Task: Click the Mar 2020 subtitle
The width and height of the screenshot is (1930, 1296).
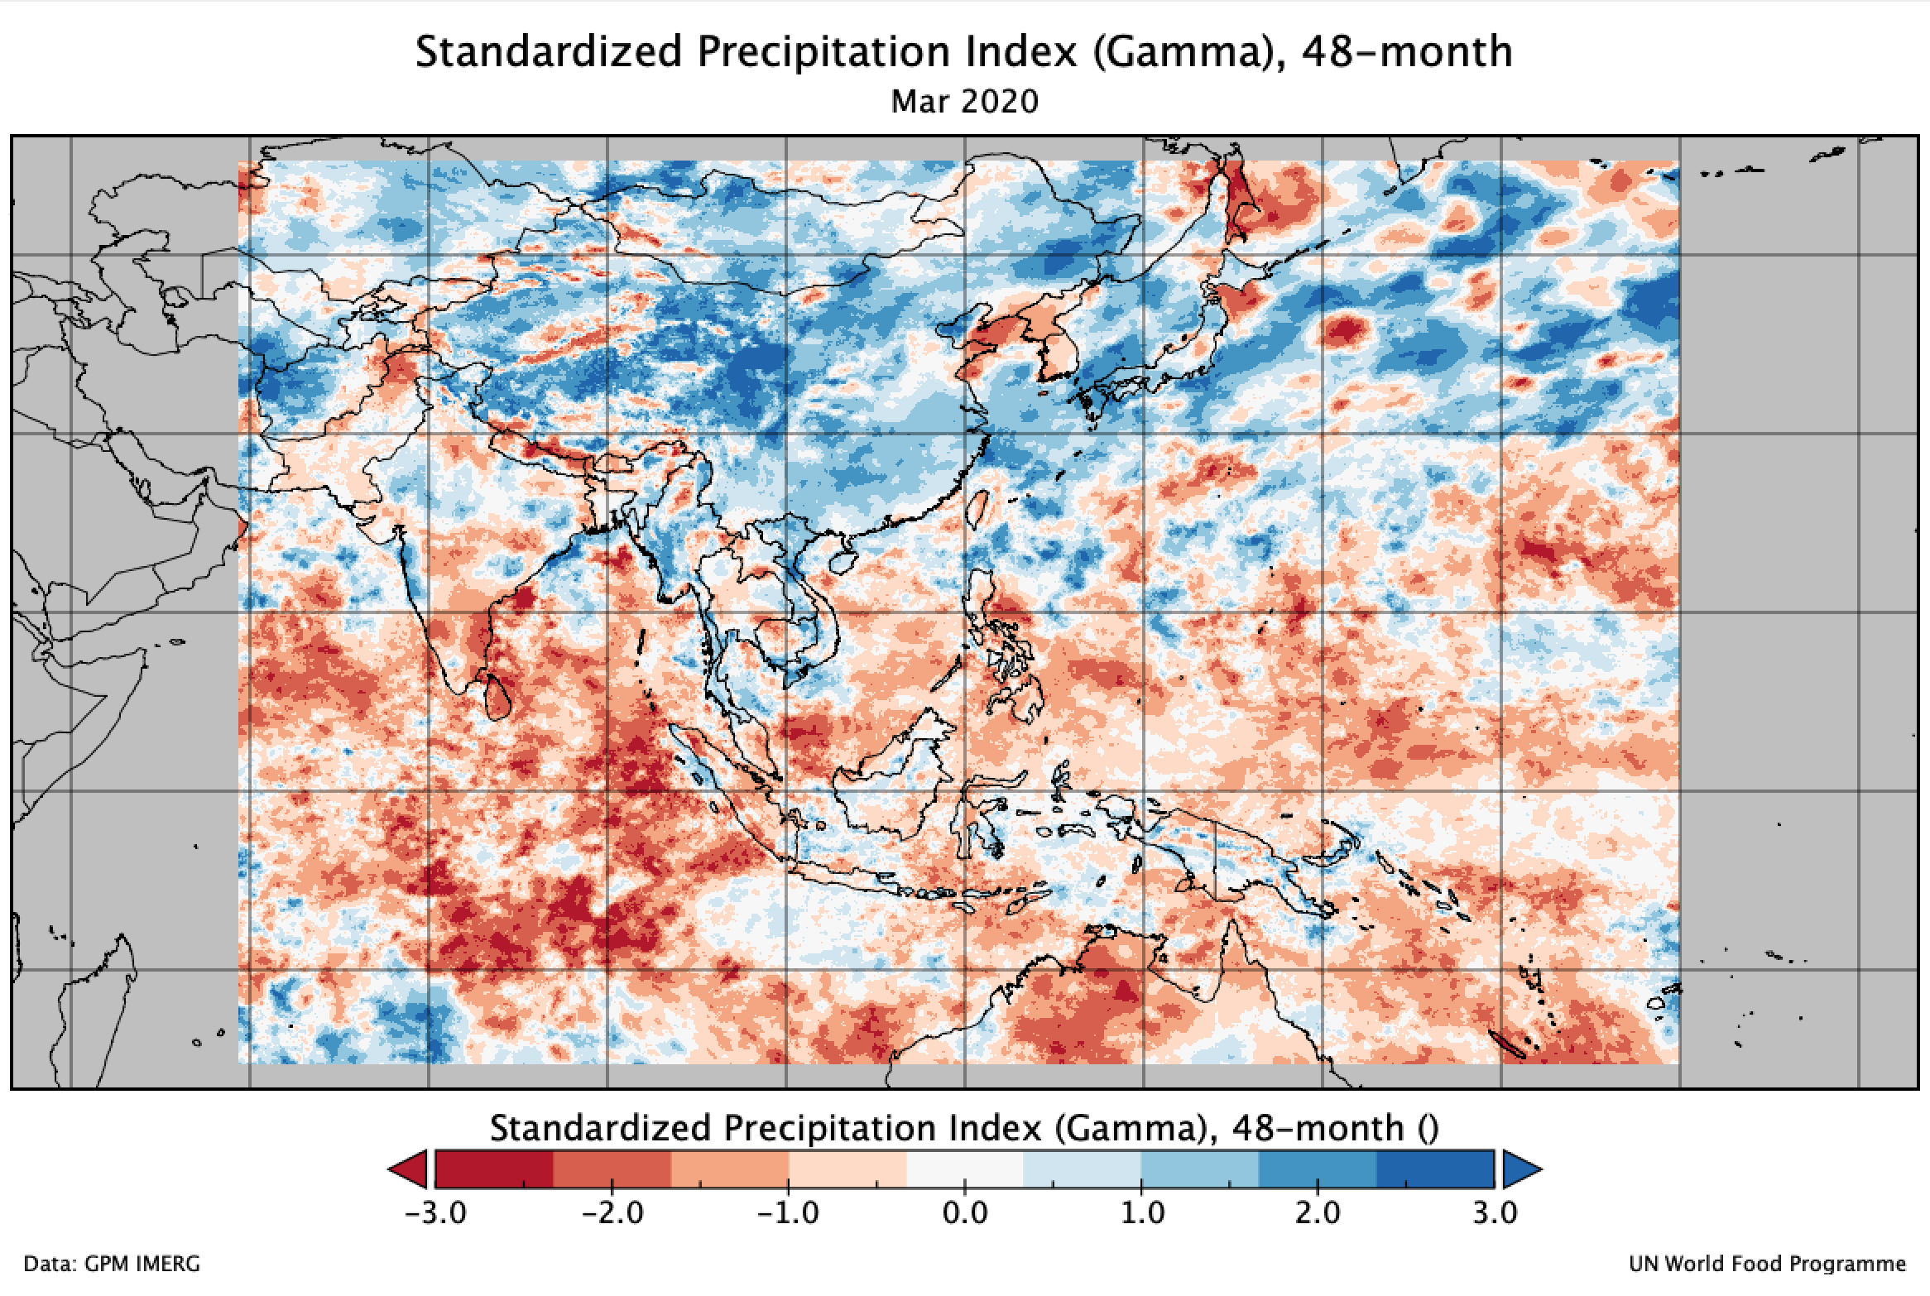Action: tap(964, 102)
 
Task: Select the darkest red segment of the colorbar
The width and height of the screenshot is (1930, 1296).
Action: tap(494, 1169)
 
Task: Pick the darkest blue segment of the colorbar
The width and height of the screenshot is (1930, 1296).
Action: tap(1436, 1169)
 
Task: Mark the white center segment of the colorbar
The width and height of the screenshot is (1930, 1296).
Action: tap(965, 1169)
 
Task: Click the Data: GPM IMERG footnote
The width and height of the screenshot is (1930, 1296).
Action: tap(112, 1265)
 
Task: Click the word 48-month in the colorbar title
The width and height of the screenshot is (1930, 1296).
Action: tap(1320, 1127)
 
